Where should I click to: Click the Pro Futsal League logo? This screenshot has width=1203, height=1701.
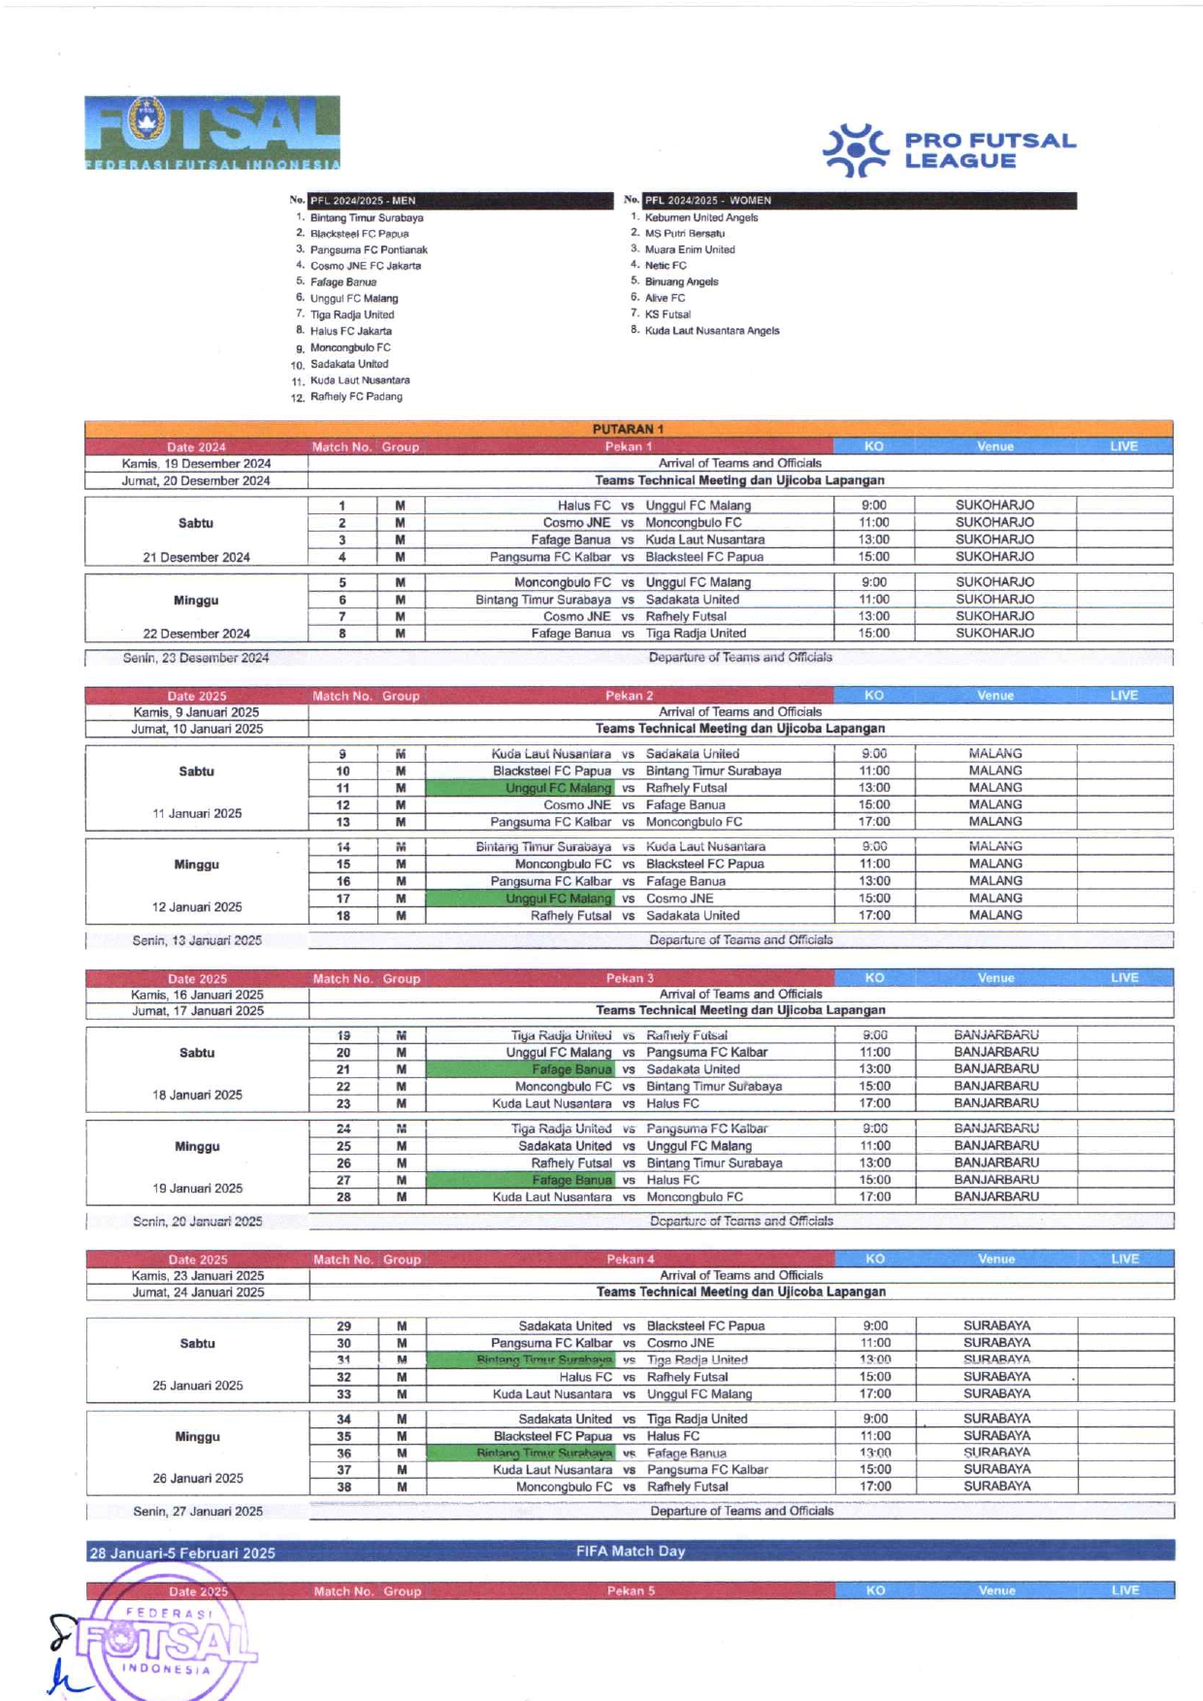point(949,151)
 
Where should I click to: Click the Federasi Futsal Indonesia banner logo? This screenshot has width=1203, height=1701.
point(211,133)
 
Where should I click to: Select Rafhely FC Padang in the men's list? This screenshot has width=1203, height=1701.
point(356,397)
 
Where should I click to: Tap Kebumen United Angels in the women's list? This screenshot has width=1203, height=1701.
point(701,217)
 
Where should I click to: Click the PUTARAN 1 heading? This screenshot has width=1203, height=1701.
point(628,429)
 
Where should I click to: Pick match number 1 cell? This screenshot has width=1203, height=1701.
point(341,506)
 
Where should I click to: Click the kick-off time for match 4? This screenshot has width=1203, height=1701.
point(873,557)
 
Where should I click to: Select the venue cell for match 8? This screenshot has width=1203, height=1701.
point(994,633)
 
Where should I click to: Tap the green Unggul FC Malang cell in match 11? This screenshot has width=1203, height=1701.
point(558,788)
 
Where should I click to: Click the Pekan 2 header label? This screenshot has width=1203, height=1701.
point(629,696)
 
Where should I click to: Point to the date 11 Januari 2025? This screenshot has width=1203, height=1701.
point(197,813)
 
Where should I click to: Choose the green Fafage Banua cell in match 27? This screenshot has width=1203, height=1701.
point(571,1180)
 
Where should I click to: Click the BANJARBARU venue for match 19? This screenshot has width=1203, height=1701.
point(995,1035)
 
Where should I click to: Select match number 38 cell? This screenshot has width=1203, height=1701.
point(343,1487)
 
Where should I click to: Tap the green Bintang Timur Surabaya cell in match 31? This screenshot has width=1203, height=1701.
point(543,1359)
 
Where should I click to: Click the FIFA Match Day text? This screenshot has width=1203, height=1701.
point(631,1551)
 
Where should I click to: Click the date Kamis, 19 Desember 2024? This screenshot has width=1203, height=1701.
point(196,464)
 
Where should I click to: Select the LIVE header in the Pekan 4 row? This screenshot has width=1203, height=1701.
point(1124,1259)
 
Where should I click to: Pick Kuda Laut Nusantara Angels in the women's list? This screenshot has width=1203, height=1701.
point(712,331)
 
